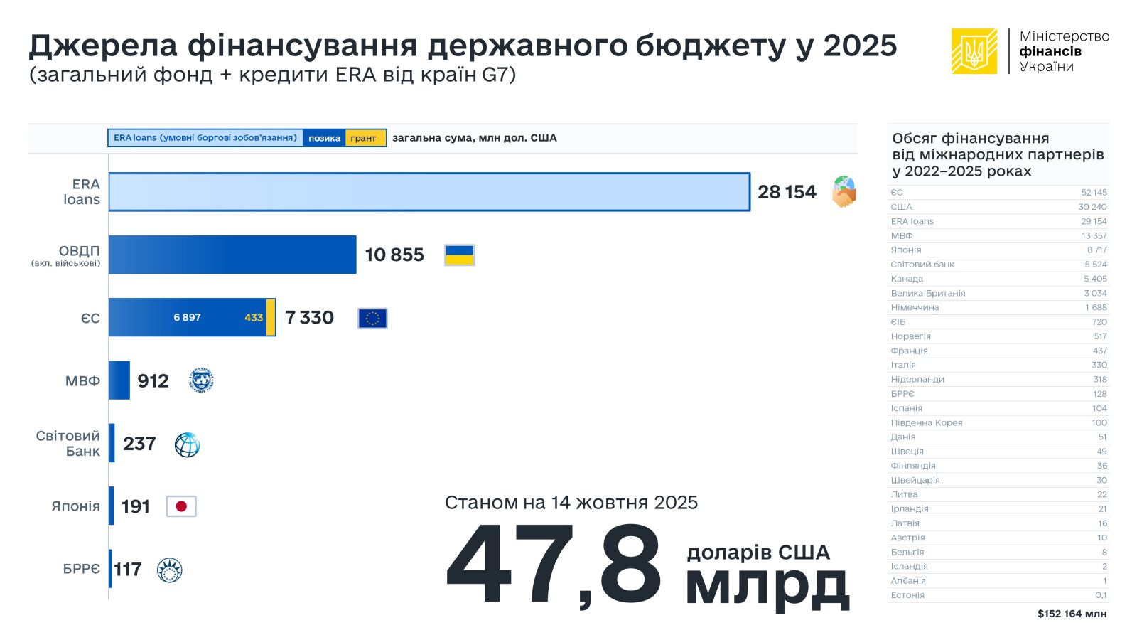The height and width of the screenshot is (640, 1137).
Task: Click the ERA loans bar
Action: click(429, 192)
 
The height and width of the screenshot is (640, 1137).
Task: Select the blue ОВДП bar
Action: click(232, 255)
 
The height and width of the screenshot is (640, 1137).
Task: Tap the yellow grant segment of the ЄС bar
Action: click(271, 317)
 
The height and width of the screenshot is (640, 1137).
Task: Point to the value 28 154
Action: click(787, 192)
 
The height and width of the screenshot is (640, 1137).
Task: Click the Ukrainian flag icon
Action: click(459, 255)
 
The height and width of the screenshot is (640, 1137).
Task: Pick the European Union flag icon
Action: click(372, 318)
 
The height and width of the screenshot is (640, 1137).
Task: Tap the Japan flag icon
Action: click(181, 506)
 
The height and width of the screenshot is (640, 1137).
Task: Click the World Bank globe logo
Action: click(187, 444)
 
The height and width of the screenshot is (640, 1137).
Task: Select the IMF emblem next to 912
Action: click(202, 381)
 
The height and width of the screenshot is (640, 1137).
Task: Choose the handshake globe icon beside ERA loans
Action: click(844, 192)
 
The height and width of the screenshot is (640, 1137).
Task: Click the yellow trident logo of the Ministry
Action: click(974, 51)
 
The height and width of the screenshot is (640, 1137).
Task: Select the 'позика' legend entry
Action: click(324, 138)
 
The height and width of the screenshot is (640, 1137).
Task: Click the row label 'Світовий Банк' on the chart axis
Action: click(68, 443)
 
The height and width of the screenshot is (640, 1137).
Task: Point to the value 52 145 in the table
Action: click(1094, 193)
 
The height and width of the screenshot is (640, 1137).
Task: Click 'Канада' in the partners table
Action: click(907, 279)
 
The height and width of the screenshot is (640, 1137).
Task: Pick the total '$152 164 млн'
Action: click(1072, 614)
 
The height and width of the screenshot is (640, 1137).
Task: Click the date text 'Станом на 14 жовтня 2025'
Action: click(571, 503)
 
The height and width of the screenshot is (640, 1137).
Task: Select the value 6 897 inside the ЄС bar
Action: click(187, 317)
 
